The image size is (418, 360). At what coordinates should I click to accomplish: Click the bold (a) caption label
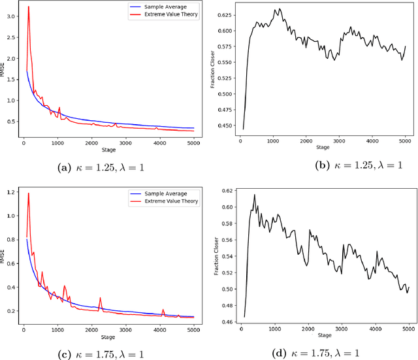coord(65,168)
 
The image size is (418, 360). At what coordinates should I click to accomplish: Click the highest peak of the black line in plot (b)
coord(280,9)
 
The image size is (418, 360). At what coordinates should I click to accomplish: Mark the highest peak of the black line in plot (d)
coord(255,195)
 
